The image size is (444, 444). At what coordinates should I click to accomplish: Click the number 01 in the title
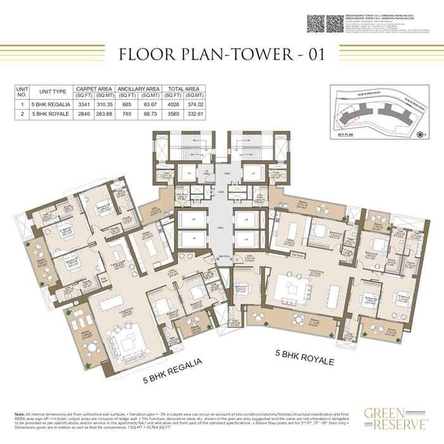311,55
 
